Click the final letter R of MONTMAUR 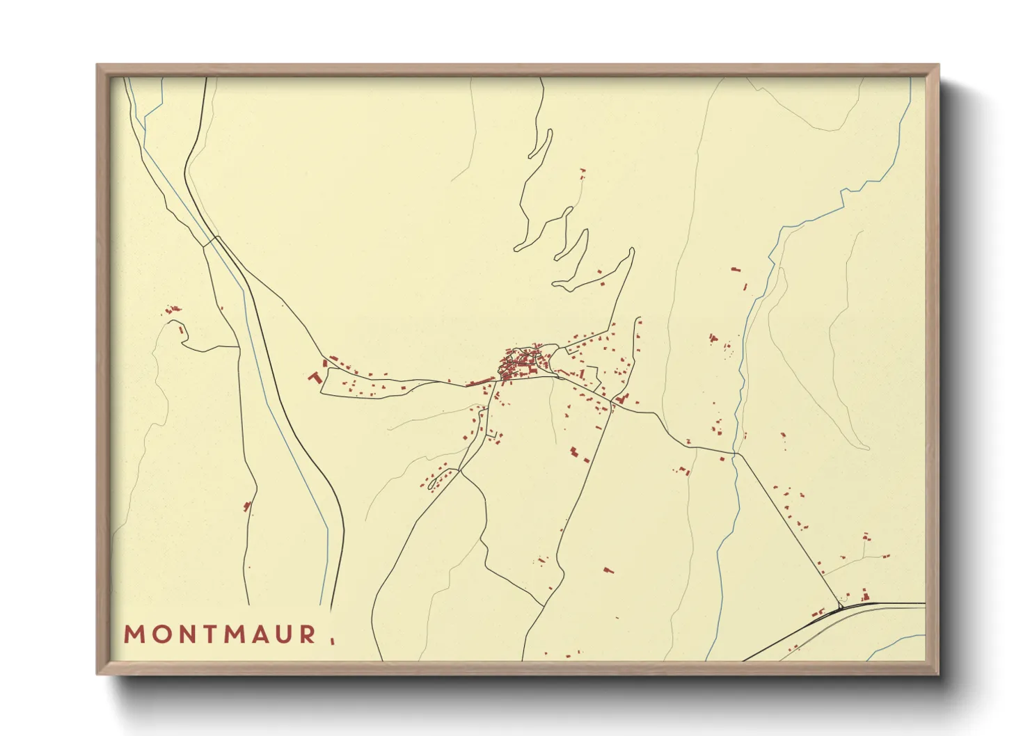(x=307, y=634)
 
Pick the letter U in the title (x=283, y=634)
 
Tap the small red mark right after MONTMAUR (x=332, y=640)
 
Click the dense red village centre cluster (x=518, y=366)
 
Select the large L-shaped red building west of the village (x=315, y=377)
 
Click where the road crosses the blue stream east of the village (x=735, y=454)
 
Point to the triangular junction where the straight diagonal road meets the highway (x=841, y=607)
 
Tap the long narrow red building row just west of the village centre (x=480, y=381)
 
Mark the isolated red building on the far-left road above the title (x=246, y=506)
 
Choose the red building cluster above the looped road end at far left (x=171, y=309)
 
